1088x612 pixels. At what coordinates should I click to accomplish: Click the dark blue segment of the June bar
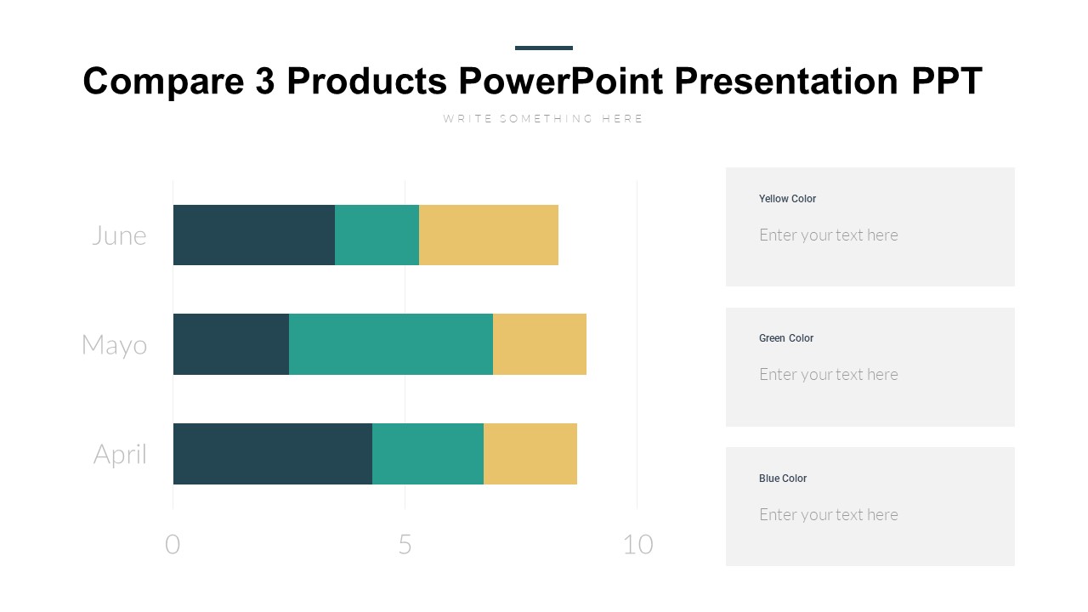click(253, 235)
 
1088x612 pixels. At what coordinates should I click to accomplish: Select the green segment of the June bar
click(377, 235)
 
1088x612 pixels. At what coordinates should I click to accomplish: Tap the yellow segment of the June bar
click(489, 235)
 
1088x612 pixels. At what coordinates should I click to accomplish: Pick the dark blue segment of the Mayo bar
click(230, 344)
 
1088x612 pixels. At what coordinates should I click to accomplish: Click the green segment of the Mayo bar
click(391, 344)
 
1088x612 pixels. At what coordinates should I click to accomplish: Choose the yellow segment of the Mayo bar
click(540, 344)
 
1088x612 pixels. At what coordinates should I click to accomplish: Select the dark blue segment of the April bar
click(272, 454)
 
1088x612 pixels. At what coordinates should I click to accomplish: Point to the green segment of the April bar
click(428, 454)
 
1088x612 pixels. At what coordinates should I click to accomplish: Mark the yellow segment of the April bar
click(530, 454)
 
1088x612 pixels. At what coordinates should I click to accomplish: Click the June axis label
click(119, 235)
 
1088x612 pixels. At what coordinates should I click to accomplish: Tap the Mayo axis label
click(114, 345)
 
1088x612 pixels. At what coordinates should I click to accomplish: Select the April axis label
click(120, 455)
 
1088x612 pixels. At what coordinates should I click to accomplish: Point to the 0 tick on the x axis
click(173, 545)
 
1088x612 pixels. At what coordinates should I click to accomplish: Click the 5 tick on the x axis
click(405, 545)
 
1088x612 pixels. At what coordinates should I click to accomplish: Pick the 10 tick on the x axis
click(637, 545)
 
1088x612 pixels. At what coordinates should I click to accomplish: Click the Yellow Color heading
click(787, 199)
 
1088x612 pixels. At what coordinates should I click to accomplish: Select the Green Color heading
click(786, 338)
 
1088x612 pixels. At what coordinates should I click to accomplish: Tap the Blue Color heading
click(783, 479)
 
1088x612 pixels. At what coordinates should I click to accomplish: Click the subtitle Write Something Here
click(543, 119)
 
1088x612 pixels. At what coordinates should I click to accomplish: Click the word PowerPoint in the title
click(561, 82)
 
